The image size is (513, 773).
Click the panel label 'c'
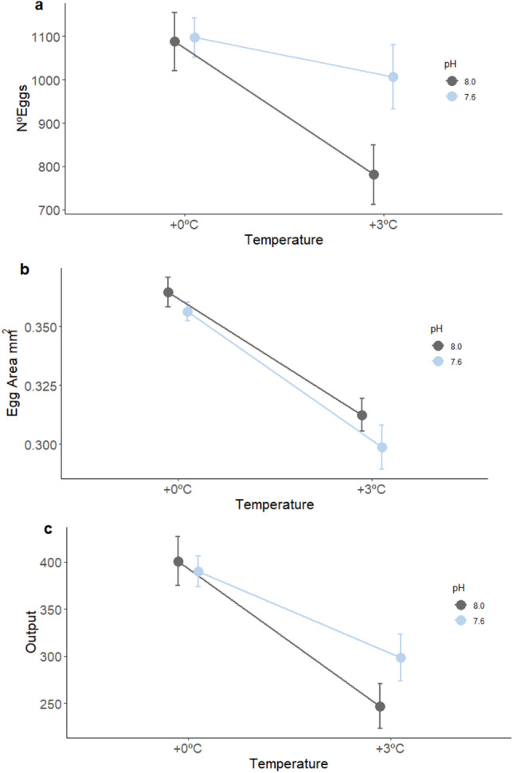[x=26, y=524]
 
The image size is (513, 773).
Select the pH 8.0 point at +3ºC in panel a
[x=374, y=175]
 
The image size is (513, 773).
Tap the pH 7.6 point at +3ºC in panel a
[x=393, y=77]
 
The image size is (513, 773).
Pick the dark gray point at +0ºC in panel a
[x=175, y=41]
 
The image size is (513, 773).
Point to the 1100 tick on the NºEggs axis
[x=40, y=37]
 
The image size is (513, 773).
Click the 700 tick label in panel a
[x=43, y=210]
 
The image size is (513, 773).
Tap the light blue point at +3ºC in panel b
[x=382, y=447]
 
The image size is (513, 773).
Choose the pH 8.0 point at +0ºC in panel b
[x=168, y=292]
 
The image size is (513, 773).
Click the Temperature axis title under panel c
[x=284, y=763]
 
